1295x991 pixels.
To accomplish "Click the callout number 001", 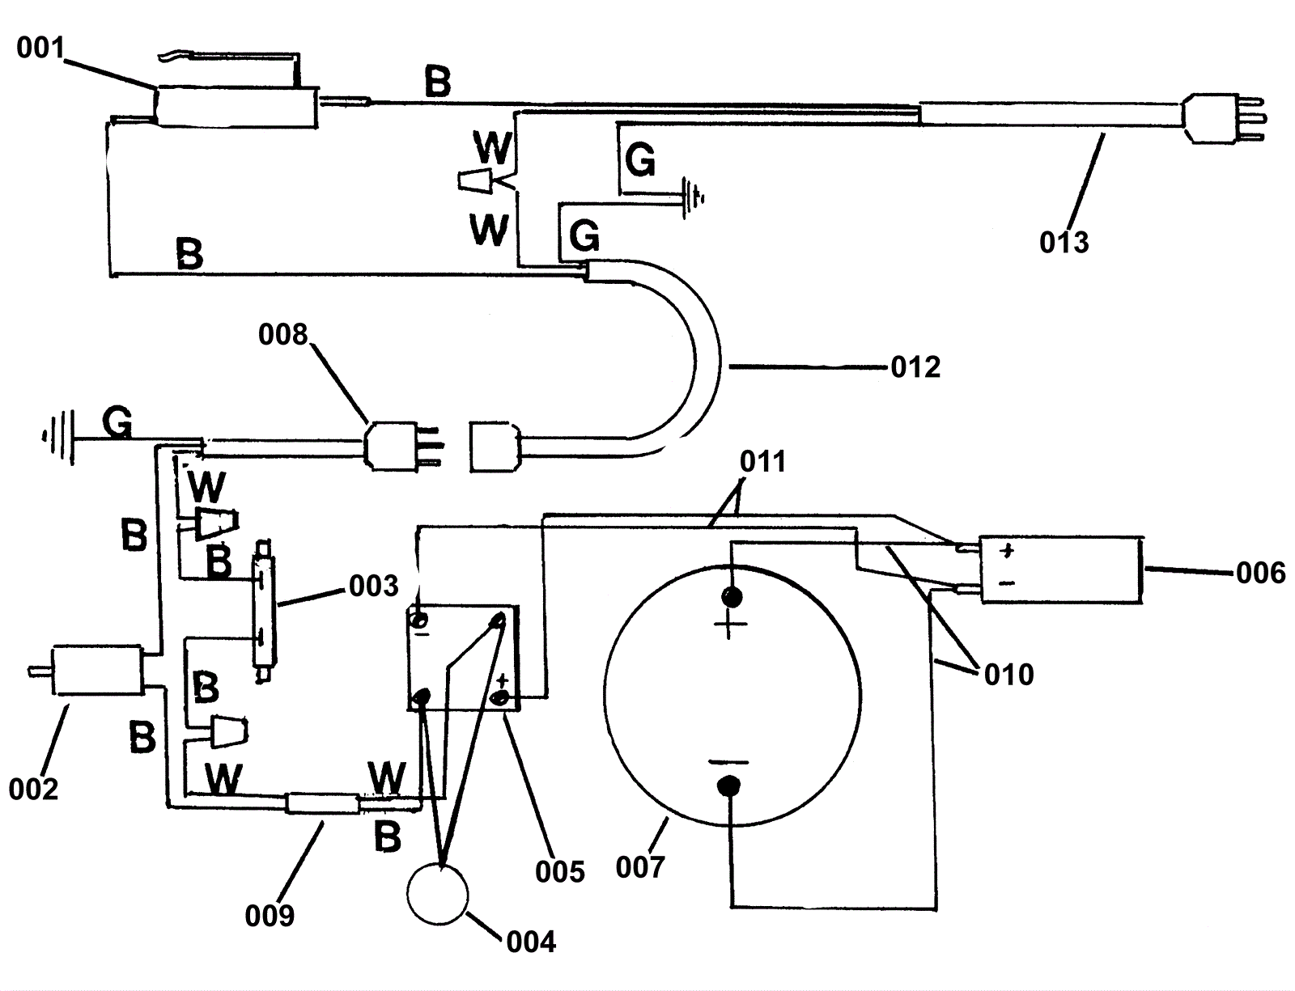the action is tap(40, 48).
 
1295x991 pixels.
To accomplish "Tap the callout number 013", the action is tap(1064, 243).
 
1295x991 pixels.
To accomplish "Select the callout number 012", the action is tap(915, 367).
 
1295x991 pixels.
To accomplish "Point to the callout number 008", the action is tap(283, 335).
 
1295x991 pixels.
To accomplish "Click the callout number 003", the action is tap(374, 587).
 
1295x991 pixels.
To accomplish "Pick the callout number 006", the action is tap(1260, 574).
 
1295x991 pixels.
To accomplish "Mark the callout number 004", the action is tap(531, 942).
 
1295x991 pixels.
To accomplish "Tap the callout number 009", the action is tap(270, 916).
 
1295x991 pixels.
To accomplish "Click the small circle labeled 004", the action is tap(437, 895).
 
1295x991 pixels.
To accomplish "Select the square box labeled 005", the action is tap(463, 658).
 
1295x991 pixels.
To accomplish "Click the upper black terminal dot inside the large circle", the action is tap(732, 597).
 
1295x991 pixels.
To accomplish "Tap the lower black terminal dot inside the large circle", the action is tap(728, 786).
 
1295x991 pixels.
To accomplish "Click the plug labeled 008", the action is tap(402, 446).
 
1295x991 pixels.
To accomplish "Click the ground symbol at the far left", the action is tap(57, 438).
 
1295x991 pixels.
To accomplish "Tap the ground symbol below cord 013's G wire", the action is tap(693, 197).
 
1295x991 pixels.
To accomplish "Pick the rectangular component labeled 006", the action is tap(1061, 570).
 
